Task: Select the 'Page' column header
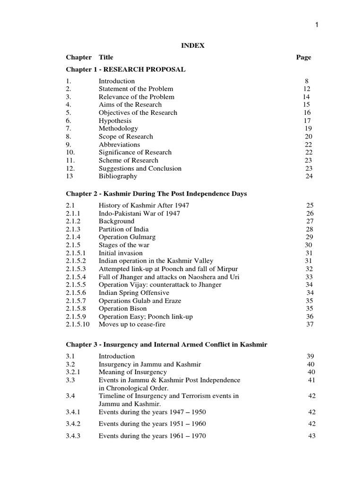tap(303, 57)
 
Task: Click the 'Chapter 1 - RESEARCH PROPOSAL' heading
tap(126, 69)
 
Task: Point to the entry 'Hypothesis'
tap(115, 121)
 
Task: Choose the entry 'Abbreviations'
tap(119, 145)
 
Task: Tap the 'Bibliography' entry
tap(118, 176)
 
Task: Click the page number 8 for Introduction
tap(306, 81)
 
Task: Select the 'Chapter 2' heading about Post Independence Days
tap(156, 194)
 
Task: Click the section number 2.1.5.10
tap(78, 324)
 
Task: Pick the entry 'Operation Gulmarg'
tap(127, 237)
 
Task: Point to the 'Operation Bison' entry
tap(122, 309)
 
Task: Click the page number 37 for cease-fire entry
tap(310, 324)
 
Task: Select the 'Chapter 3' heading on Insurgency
tap(166, 345)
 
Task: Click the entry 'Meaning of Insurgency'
tap(132, 372)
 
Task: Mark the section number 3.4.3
tap(74, 436)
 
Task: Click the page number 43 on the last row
tap(311, 436)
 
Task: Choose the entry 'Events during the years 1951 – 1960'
tap(152, 424)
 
